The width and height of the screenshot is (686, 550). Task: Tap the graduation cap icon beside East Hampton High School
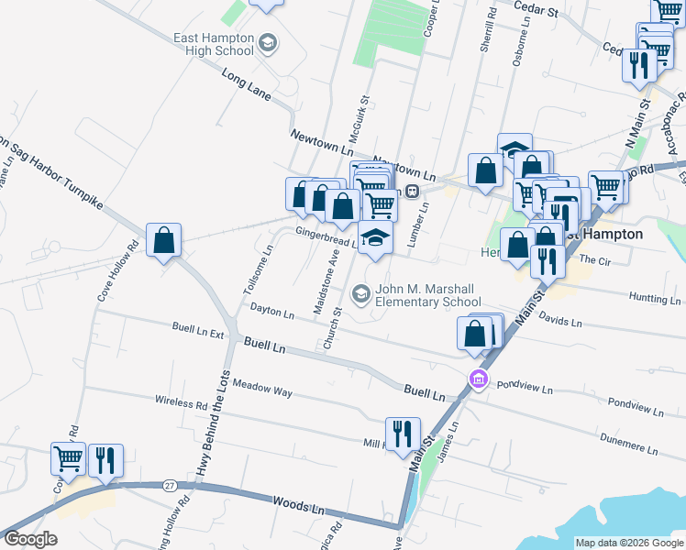[x=267, y=42]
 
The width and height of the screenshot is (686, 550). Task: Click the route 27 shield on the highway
[x=170, y=484]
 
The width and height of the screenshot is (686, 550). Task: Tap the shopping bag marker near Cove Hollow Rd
[x=163, y=240]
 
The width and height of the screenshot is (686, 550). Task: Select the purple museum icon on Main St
[x=477, y=378]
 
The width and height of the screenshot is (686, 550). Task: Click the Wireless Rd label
[x=182, y=402]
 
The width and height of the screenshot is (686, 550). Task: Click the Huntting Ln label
[x=655, y=299]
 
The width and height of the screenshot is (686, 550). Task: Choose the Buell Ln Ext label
[x=198, y=327]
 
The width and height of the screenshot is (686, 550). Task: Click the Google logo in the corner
[x=31, y=539]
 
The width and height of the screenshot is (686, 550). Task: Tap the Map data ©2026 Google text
[x=628, y=543]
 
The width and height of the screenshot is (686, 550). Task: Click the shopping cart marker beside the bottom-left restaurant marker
[x=68, y=460]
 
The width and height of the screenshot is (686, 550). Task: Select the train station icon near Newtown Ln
[x=413, y=191]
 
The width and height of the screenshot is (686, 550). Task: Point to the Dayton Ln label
[x=271, y=313]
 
